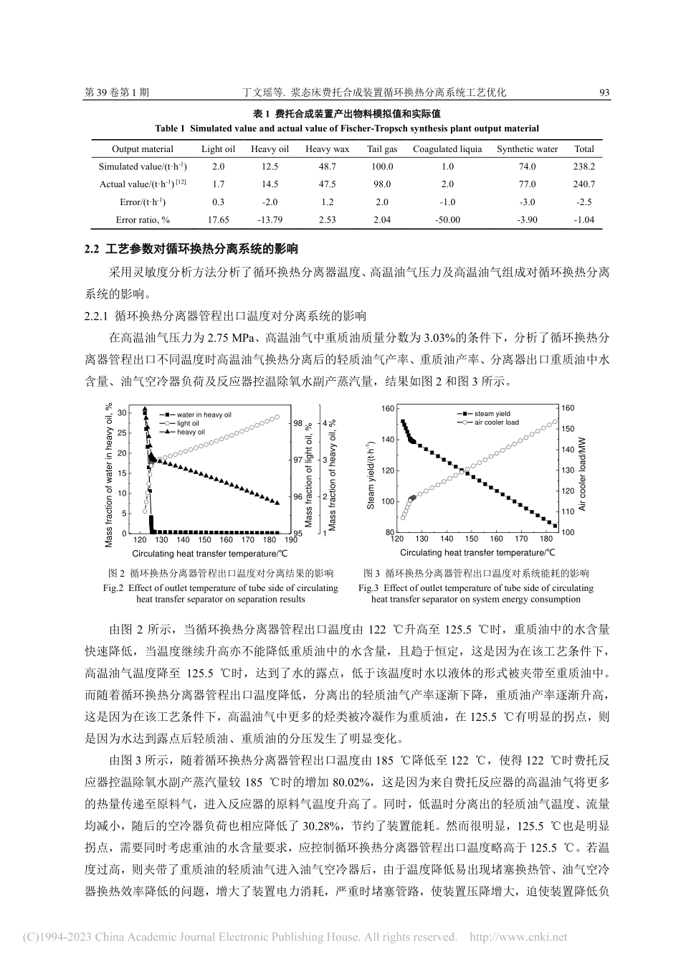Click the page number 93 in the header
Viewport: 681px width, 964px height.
pyautogui.click(x=604, y=93)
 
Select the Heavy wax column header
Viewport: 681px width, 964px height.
pyautogui.click(x=327, y=149)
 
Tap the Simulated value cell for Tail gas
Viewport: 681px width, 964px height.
pyautogui.click(x=382, y=166)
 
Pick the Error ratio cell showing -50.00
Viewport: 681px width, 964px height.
pyautogui.click(x=447, y=219)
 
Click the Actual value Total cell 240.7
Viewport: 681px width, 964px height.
pyautogui.click(x=584, y=184)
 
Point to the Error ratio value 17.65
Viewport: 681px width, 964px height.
pyautogui.click(x=218, y=219)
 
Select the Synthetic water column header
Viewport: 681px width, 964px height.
pyautogui.click(x=527, y=149)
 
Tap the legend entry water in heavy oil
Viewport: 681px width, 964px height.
pyautogui.click(x=204, y=415)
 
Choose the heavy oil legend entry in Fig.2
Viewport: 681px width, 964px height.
pyautogui.click(x=191, y=433)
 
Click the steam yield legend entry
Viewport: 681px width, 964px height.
pyautogui.click(x=492, y=414)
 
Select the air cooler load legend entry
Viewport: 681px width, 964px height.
pyautogui.click(x=496, y=423)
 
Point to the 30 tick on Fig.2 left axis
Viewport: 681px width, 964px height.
pyautogui.click(x=122, y=412)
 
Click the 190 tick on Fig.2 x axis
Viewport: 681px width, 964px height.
pyautogui.click(x=290, y=540)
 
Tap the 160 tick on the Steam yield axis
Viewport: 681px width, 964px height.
pyautogui.click(x=387, y=409)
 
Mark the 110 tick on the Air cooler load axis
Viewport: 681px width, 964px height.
pyautogui.click(x=568, y=511)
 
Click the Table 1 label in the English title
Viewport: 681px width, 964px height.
pyautogui.click(x=171, y=129)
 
